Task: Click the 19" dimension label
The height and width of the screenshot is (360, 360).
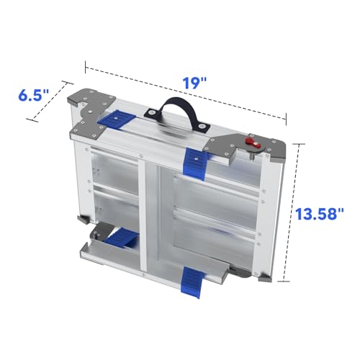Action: [194, 84]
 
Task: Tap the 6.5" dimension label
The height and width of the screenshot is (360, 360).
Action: [34, 95]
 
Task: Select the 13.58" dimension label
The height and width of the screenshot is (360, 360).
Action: [319, 214]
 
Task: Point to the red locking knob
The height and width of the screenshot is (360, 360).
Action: [251, 143]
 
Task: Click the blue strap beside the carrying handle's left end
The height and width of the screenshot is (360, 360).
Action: [116, 120]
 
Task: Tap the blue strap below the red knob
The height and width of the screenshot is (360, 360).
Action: [195, 163]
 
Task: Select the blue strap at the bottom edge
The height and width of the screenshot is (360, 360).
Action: [192, 282]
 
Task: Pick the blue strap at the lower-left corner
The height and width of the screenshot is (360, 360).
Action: [121, 238]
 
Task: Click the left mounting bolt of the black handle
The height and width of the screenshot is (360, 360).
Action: [151, 112]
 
